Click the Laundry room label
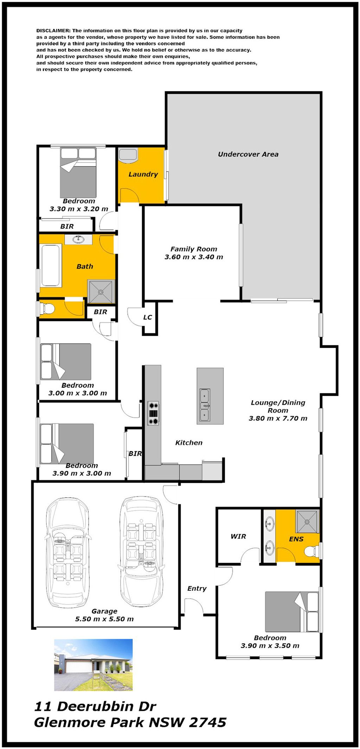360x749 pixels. pos(143,174)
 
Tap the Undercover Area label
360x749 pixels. pos(248,154)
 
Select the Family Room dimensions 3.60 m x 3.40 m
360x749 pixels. pos(194,257)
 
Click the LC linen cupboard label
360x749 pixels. pos(148,317)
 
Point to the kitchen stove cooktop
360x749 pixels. pos(153,413)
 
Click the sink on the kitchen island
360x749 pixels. pos(205,405)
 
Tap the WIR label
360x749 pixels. pos(238,536)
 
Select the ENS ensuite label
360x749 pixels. pos(296,539)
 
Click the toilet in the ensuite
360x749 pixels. pos(312,551)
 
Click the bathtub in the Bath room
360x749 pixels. pos(51,265)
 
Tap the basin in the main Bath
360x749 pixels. pos(78,240)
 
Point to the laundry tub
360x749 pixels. pos(127,155)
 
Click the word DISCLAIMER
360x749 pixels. pos(53,31)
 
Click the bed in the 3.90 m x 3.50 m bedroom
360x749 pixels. pos(292,612)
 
